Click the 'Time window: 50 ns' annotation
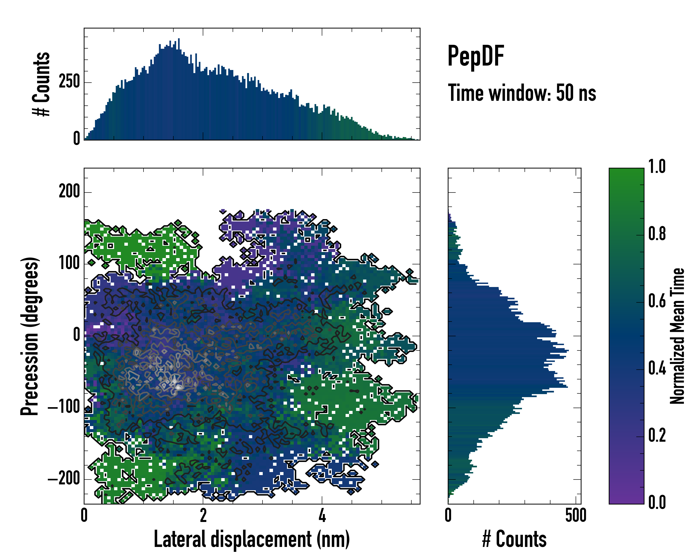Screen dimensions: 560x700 (x=522, y=93)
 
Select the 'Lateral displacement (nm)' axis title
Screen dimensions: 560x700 (x=252, y=539)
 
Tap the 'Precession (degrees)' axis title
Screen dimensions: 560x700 (x=30, y=336)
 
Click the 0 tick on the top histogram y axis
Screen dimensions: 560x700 (x=76, y=139)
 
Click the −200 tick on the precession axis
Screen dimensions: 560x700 (x=64, y=479)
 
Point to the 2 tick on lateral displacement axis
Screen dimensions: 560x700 (x=203, y=515)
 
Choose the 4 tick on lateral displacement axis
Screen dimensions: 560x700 (x=322, y=515)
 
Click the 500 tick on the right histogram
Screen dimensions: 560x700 (x=576, y=515)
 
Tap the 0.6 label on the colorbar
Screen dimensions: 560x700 (x=657, y=301)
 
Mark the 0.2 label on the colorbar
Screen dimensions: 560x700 (x=657, y=435)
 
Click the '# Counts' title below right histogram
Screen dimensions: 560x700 (x=514, y=539)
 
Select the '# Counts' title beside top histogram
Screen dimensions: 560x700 (x=42, y=84)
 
